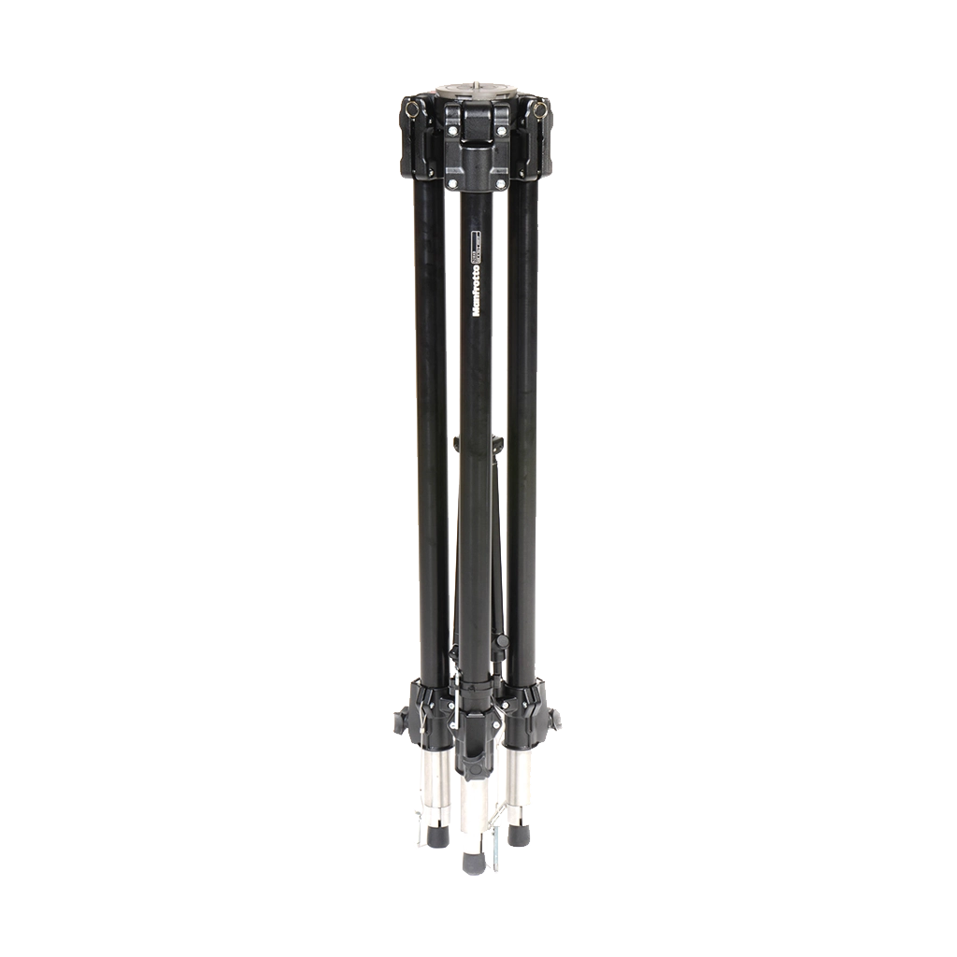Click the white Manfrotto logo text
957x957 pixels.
pyautogui.click(x=478, y=289)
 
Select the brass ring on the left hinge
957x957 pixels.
pyautogui.click(x=412, y=109)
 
